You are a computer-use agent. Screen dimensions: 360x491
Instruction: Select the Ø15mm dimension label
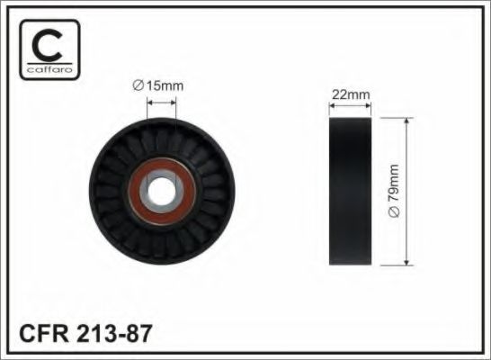pos(158,85)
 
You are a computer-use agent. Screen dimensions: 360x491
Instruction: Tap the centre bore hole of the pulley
pos(162,191)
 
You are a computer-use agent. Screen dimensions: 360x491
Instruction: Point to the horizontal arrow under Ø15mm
pos(162,103)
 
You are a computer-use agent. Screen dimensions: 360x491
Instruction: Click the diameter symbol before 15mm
pos(138,85)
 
